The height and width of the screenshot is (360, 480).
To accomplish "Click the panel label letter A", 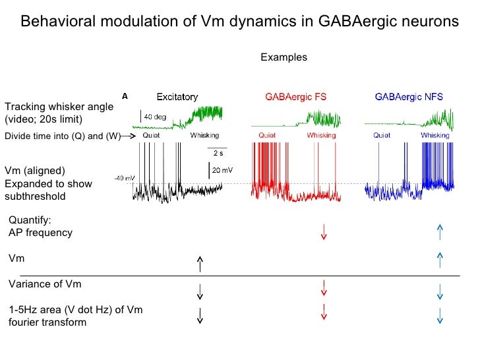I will (124, 96).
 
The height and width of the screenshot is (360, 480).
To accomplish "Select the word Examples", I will (284, 57).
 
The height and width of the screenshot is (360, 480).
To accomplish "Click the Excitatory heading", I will (177, 97).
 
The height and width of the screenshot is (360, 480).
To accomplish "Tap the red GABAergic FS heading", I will (295, 97).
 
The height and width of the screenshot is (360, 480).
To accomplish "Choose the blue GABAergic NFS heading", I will (409, 97).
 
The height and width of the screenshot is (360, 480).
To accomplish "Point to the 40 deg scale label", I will (156, 117).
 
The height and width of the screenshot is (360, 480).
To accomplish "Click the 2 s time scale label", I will (218, 152).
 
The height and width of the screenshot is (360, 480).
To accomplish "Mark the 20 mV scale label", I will (221, 170).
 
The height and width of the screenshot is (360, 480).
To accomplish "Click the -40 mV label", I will (125, 178).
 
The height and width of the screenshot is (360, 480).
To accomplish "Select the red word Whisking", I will (321, 135).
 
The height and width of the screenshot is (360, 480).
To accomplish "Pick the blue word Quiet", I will (382, 135).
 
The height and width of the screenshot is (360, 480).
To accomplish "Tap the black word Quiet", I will (152, 135).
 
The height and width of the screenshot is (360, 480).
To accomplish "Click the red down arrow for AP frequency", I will (324, 232).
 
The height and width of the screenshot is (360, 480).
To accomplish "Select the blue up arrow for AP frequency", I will (440, 232).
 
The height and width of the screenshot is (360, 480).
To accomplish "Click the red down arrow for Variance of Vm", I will (324, 288).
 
